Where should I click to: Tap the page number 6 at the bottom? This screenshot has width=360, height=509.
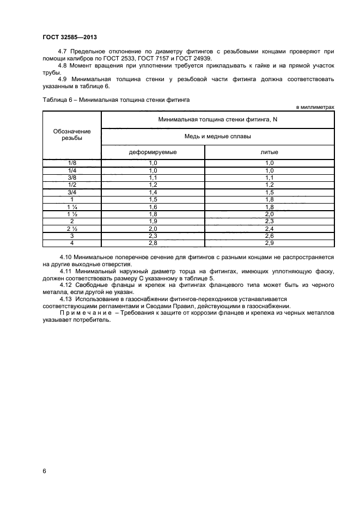pos(44,470)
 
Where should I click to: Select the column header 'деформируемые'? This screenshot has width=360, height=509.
pos(152,152)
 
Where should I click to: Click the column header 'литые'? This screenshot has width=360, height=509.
pos(270,152)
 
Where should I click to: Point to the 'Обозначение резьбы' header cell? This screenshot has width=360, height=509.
pos(72,134)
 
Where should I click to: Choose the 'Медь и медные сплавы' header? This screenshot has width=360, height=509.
pos(218,137)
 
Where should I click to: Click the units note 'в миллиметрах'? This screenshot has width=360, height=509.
pos(315,107)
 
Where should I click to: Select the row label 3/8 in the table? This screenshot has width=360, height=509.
pos(72,177)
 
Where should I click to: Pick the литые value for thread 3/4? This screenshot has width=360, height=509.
pos(270,192)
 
